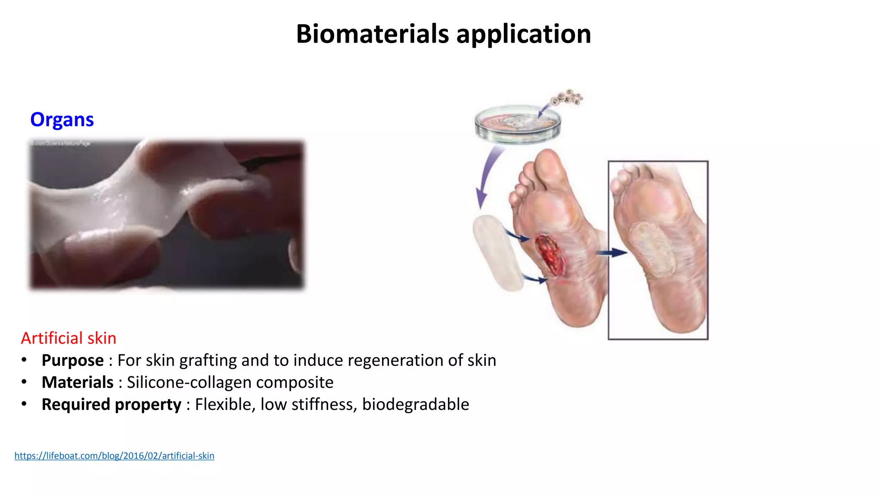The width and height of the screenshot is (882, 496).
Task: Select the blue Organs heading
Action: [x=62, y=119]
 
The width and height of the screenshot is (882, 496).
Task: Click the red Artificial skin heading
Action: [x=68, y=338]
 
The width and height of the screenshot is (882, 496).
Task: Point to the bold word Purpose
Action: [x=72, y=360]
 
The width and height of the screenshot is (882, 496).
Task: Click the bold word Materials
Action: [x=78, y=382]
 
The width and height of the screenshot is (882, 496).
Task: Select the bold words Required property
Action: [x=111, y=404]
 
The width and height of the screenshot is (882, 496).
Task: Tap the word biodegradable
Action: [x=415, y=404]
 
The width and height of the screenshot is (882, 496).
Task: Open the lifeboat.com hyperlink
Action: [x=114, y=456]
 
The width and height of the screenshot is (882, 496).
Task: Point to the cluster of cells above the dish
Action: [x=568, y=97]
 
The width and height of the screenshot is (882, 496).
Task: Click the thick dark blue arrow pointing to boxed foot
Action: [x=612, y=253]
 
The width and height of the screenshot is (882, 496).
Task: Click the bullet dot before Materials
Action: [x=24, y=382]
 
